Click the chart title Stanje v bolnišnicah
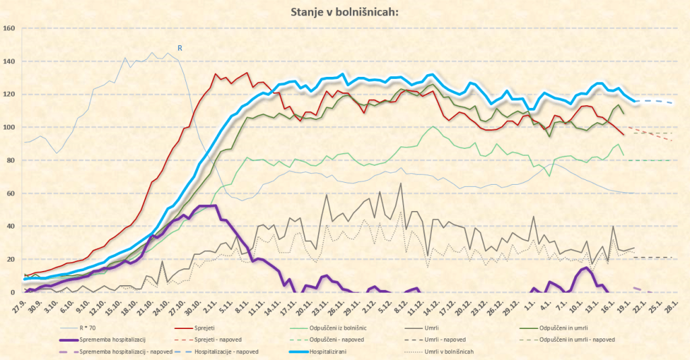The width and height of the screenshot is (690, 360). (344, 11)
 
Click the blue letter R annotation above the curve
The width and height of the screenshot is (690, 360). (180, 48)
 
